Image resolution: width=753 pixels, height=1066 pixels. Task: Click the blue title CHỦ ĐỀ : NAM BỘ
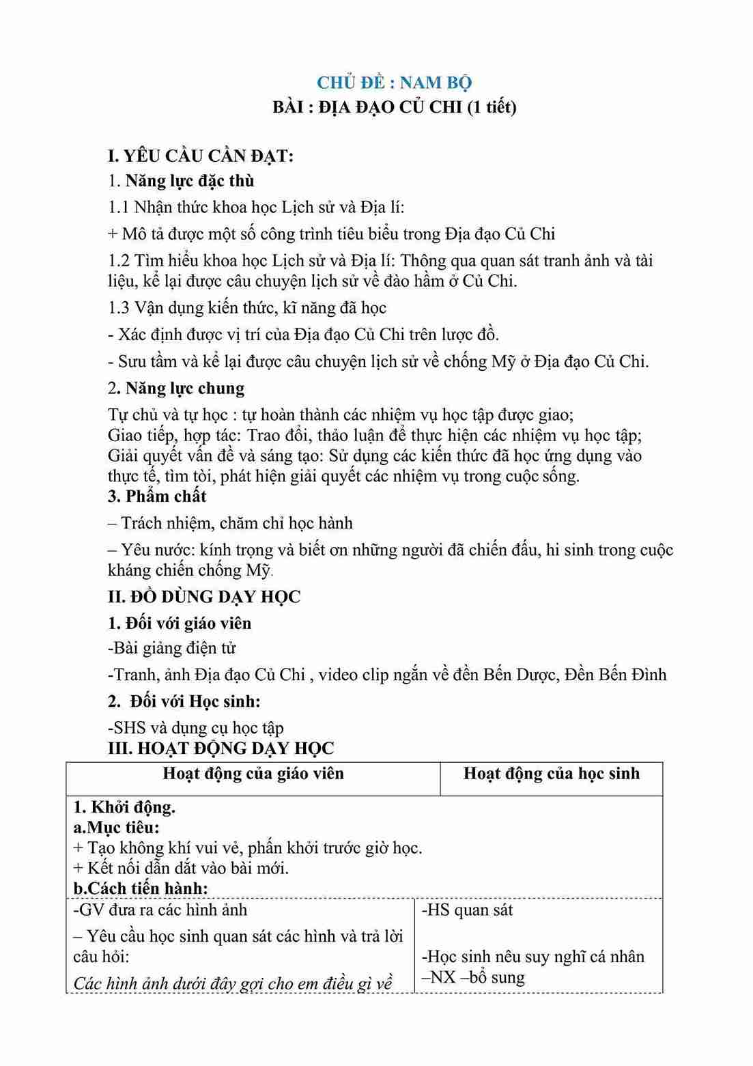point(394,83)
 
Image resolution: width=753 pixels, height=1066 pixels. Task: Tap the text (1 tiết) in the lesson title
point(491,107)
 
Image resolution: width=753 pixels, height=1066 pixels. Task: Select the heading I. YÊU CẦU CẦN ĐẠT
point(201,156)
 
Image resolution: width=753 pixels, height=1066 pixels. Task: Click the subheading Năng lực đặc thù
point(189,181)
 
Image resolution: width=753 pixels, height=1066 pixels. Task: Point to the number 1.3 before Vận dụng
point(119,308)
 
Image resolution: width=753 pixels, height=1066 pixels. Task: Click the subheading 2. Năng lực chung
point(176,388)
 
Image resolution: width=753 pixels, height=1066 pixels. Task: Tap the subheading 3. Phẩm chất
point(157,496)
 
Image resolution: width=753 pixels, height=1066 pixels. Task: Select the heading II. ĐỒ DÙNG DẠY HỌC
point(204,596)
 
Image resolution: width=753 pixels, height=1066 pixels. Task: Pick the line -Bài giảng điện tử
point(171,648)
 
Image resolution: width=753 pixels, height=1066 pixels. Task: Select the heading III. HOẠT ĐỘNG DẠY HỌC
point(221,748)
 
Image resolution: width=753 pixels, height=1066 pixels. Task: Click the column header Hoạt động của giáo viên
point(253,773)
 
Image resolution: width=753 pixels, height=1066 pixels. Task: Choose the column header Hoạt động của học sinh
point(552,773)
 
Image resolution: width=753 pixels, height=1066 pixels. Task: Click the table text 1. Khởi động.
point(124,807)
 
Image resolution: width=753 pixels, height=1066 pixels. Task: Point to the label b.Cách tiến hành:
point(140,888)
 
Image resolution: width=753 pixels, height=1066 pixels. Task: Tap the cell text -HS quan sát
point(467,910)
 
